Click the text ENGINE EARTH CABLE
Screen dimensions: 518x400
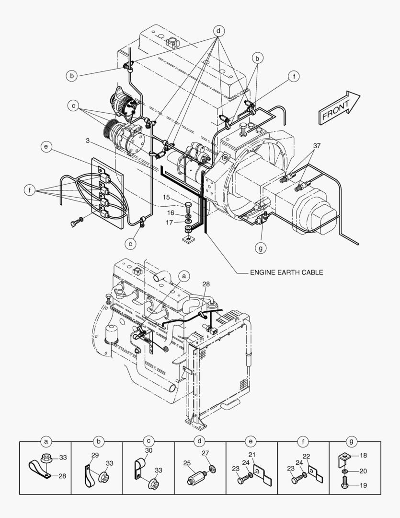pyautogui.click(x=286, y=272)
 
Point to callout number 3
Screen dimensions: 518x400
pyautogui.click(x=88, y=141)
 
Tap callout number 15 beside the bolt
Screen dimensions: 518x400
pyautogui.click(x=165, y=197)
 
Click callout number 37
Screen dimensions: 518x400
pyautogui.click(x=317, y=145)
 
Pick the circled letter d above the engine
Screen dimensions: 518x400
pyautogui.click(x=218, y=31)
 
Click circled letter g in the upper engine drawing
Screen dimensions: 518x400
pyautogui.click(x=261, y=248)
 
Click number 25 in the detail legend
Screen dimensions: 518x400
pyautogui.click(x=187, y=463)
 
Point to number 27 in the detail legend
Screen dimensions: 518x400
pyautogui.click(x=205, y=453)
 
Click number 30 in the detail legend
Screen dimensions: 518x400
pyautogui.click(x=149, y=451)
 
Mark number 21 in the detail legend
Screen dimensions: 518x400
pyautogui.click(x=252, y=454)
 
